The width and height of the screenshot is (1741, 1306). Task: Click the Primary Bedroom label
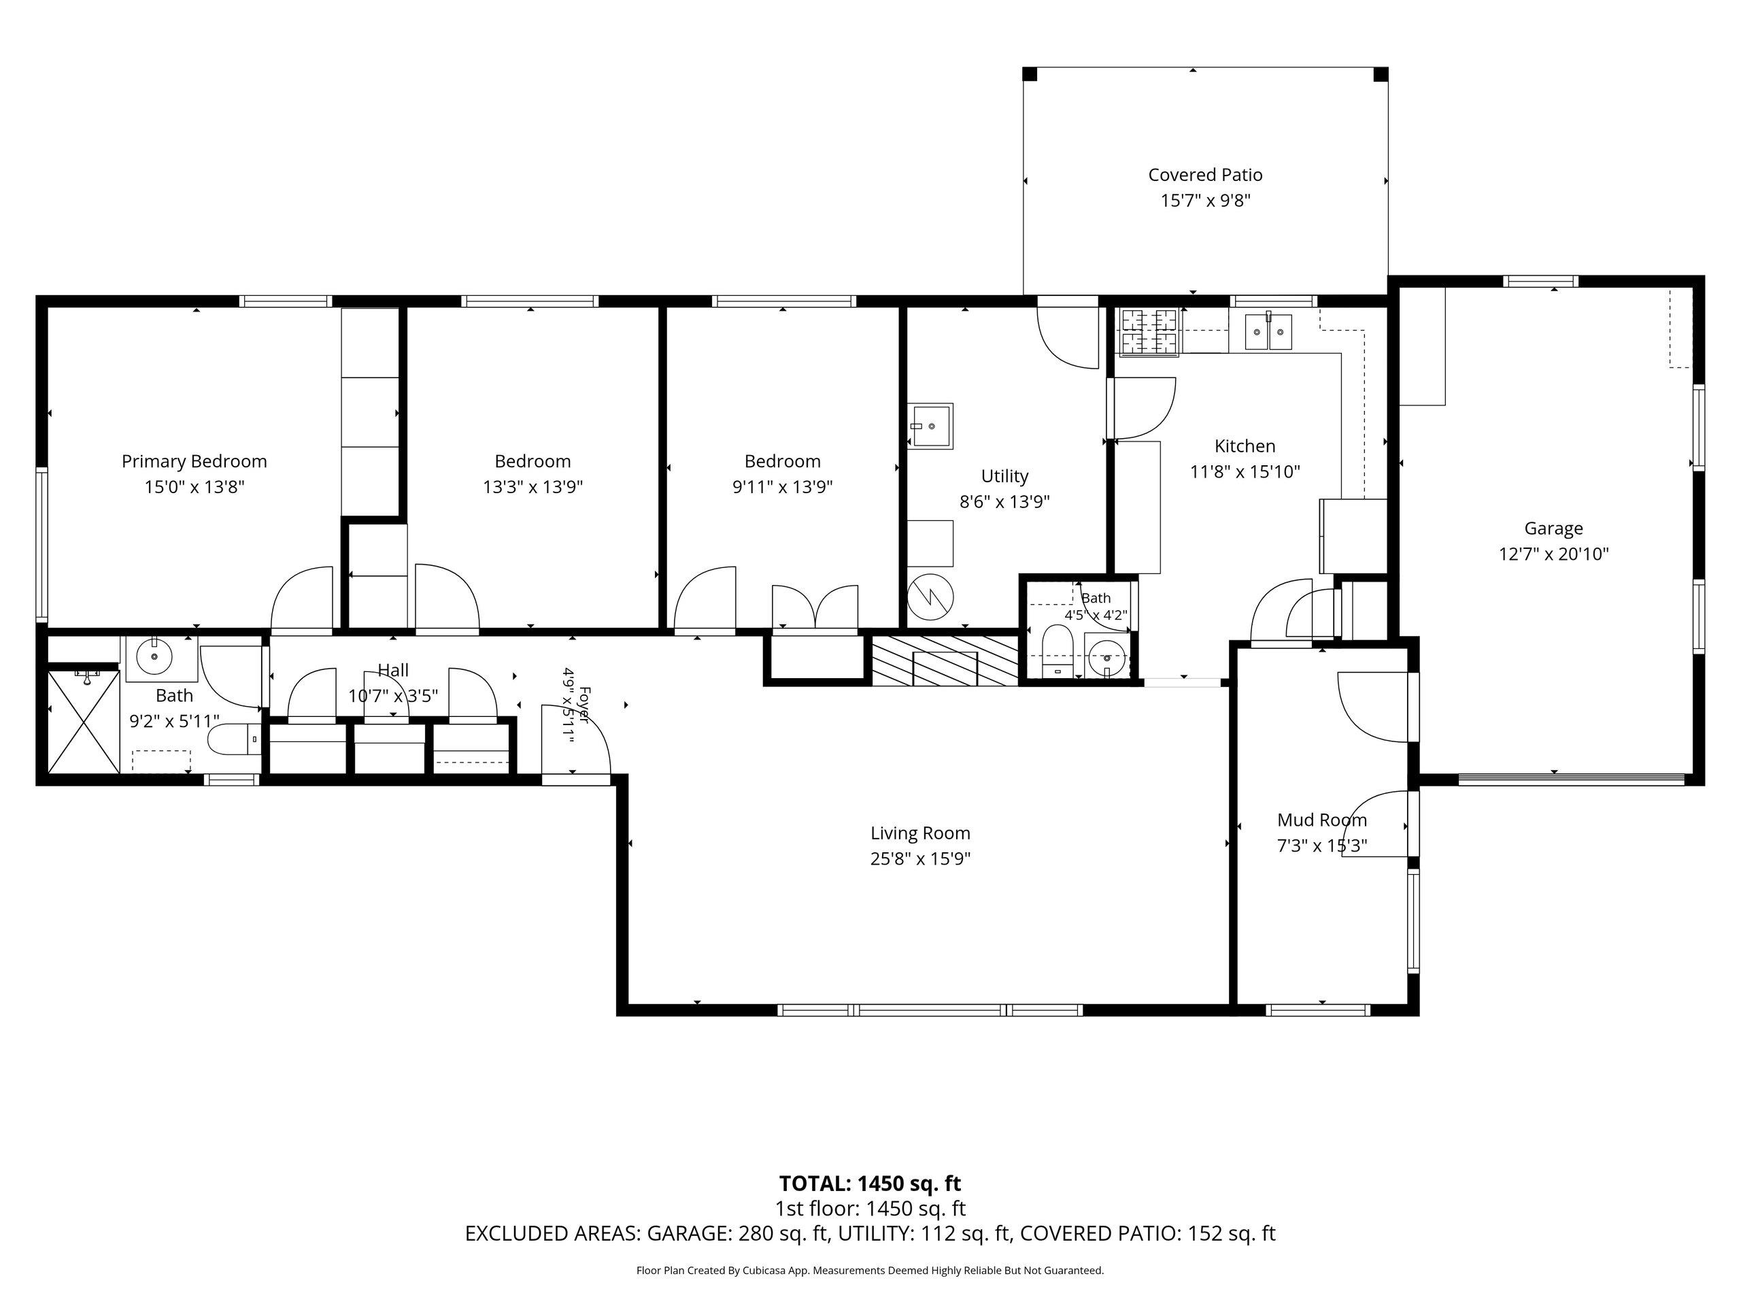pyautogui.click(x=195, y=461)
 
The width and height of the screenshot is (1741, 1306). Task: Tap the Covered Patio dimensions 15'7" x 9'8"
pyautogui.click(x=1205, y=201)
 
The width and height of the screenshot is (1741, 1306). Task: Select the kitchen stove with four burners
pyautogui.click(x=1149, y=331)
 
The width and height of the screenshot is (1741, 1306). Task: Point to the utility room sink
pyautogui.click(x=930, y=426)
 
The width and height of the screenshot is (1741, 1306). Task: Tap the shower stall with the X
pyautogui.click(x=84, y=722)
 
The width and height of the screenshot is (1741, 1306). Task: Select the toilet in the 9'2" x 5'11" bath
pyautogui.click(x=234, y=739)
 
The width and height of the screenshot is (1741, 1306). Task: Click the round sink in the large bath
pyautogui.click(x=154, y=655)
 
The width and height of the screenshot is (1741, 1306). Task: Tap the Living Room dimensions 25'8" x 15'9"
pyautogui.click(x=920, y=858)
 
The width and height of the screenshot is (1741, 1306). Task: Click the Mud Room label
pyautogui.click(x=1321, y=820)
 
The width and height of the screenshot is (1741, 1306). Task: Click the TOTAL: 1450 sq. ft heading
pyautogui.click(x=870, y=1183)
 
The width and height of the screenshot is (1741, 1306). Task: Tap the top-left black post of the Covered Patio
pyautogui.click(x=1030, y=74)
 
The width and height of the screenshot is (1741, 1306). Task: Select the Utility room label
pyautogui.click(x=1004, y=475)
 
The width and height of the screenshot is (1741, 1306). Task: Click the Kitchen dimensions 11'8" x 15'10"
pyautogui.click(x=1245, y=471)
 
